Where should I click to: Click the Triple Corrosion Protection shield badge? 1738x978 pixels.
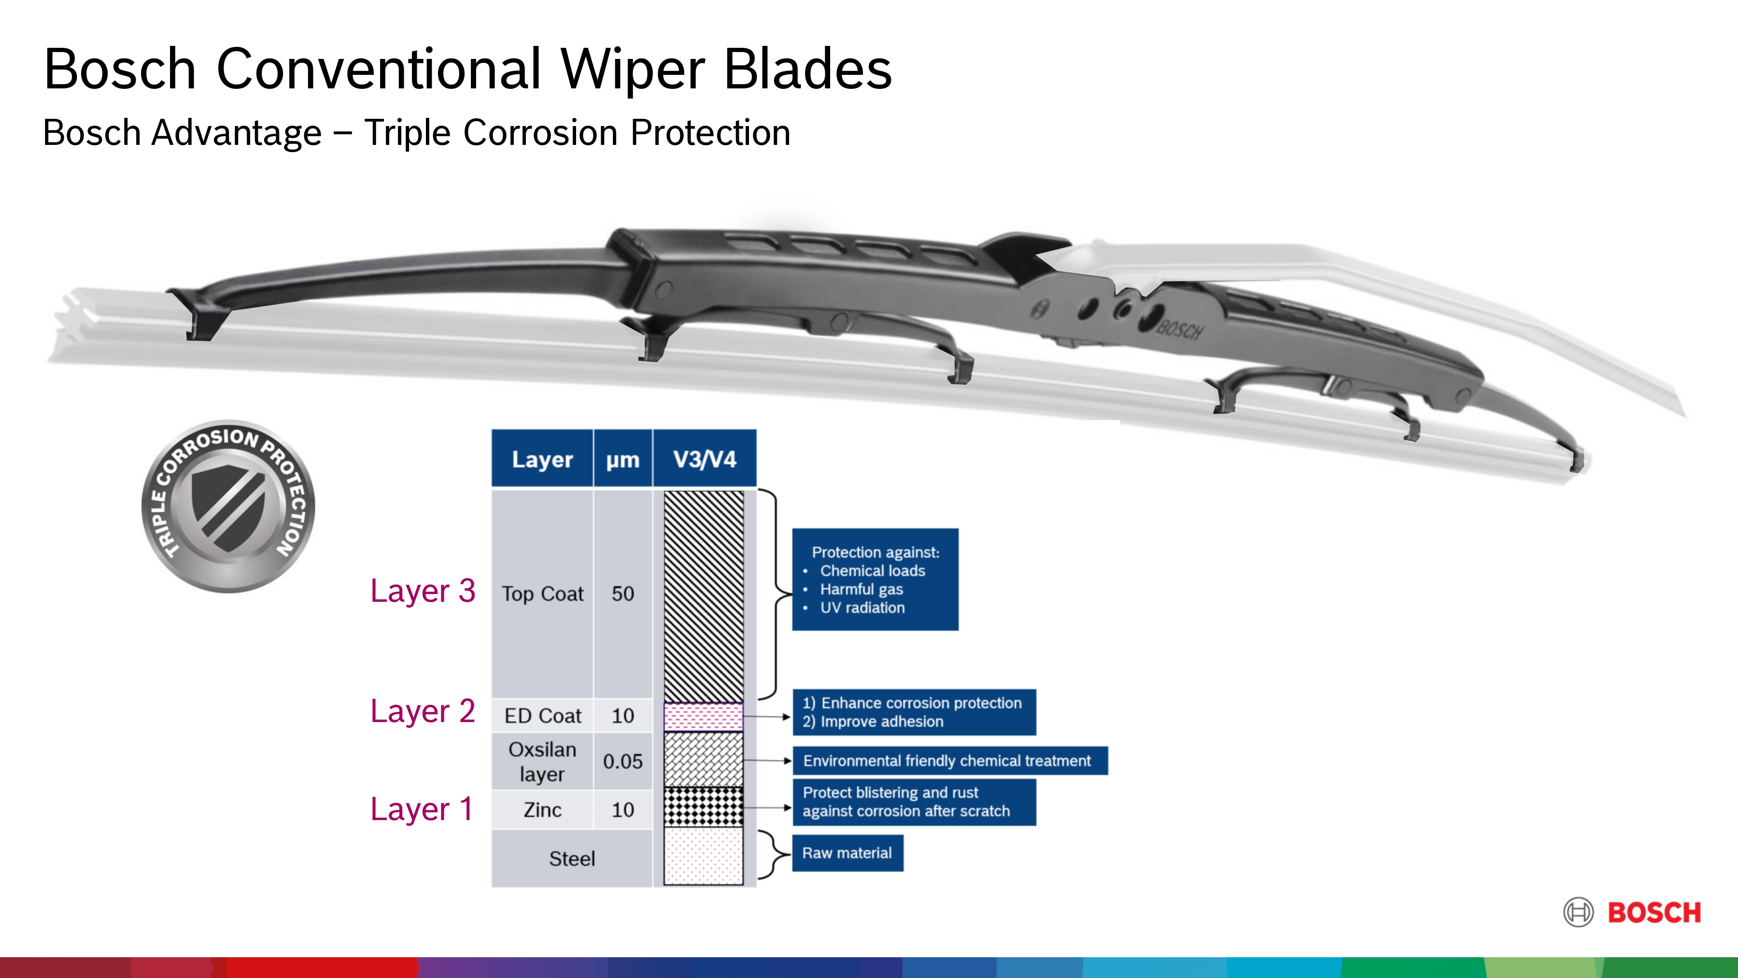[228, 506]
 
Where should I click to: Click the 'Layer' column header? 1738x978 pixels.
[542, 459]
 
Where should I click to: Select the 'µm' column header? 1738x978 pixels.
[622, 459]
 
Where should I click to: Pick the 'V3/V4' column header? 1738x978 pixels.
[705, 459]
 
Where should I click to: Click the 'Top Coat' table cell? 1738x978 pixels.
[542, 593]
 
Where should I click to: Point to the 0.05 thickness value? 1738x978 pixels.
[622, 761]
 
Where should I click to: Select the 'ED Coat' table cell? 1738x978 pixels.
[542, 715]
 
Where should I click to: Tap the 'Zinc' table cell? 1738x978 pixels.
[542, 809]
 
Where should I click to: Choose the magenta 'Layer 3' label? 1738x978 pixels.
[423, 591]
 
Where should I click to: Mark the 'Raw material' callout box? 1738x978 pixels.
[847, 853]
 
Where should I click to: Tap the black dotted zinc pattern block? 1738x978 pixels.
[703, 807]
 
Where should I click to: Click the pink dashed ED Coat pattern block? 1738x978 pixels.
[703, 716]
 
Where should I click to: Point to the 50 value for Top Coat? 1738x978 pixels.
[622, 593]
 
